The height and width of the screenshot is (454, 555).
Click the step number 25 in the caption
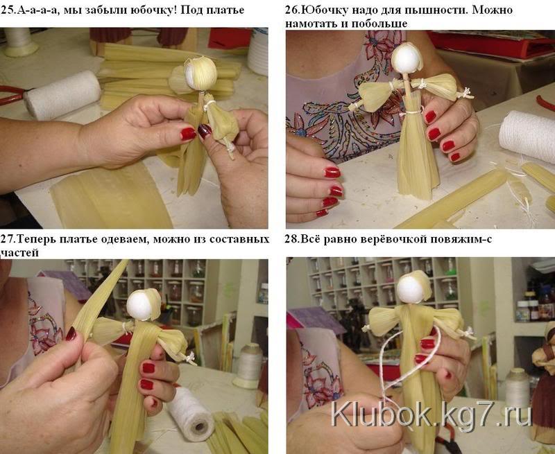(6, 10)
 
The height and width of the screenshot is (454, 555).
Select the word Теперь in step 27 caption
(36, 239)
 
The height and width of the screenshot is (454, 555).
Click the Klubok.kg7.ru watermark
(432, 415)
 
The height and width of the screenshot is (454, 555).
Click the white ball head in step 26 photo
(406, 59)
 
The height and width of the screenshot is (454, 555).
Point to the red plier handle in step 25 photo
(11, 94)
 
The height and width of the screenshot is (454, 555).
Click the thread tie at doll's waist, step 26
(412, 112)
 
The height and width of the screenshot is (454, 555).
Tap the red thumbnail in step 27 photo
(71, 333)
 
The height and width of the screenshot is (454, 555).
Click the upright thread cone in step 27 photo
(248, 365)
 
